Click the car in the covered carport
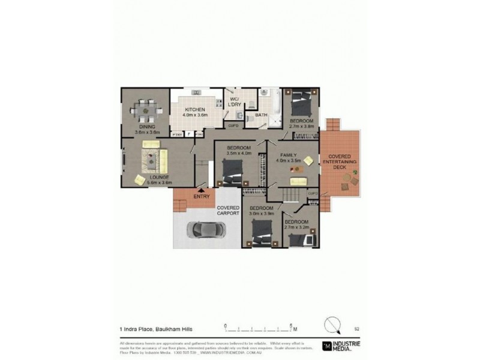click(206, 229)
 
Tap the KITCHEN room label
click(195, 110)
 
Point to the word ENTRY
click(202, 196)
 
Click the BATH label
click(262, 115)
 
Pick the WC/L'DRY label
click(234, 102)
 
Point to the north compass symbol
click(332, 325)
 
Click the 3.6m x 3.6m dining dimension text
click(148, 133)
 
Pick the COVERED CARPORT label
click(228, 211)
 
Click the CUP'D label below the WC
click(233, 125)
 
